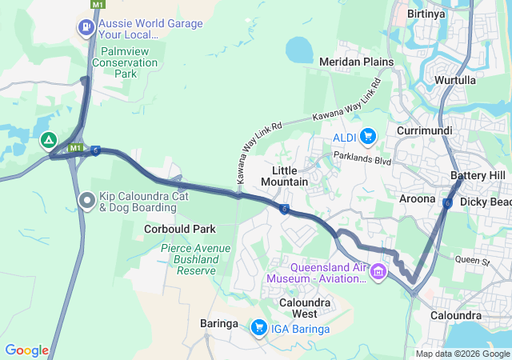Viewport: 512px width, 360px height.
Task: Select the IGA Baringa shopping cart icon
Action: (x=258, y=327)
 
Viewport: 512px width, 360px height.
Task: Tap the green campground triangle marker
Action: (x=49, y=142)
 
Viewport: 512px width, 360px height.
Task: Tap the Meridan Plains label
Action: (x=356, y=62)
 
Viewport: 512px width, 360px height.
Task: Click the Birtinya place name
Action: (x=425, y=14)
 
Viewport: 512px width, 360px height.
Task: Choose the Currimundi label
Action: (x=424, y=130)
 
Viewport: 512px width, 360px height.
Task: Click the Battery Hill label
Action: (x=478, y=175)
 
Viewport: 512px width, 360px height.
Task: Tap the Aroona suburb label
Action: (x=417, y=198)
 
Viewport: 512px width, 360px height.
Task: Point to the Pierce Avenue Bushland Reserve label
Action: (x=190, y=260)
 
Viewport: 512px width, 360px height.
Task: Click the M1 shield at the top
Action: (x=98, y=5)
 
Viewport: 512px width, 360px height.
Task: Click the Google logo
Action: (x=26, y=350)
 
